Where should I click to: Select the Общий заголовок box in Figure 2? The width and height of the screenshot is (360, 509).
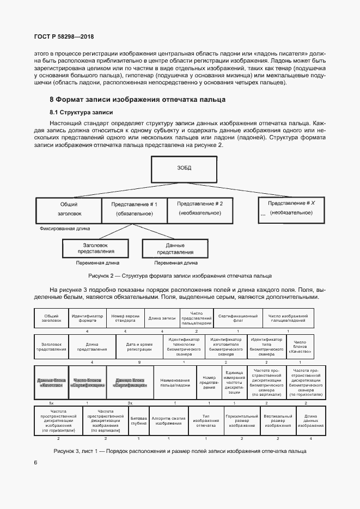tap(69, 208)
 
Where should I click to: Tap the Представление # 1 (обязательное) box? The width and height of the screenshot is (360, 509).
tap(134, 208)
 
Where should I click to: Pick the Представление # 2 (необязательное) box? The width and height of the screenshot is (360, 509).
tap(200, 208)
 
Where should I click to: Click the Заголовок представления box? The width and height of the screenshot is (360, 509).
tap(95, 249)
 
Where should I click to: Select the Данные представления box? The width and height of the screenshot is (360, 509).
tap(175, 249)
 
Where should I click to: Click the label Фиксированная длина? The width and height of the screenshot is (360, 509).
tap(65, 229)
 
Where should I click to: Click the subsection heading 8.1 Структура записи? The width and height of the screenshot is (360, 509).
tap(81, 113)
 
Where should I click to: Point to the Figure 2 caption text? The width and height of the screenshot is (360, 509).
tap(179, 275)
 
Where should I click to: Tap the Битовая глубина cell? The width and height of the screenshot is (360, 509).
tap(139, 420)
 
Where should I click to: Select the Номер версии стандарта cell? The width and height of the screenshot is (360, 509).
tap(125, 318)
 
